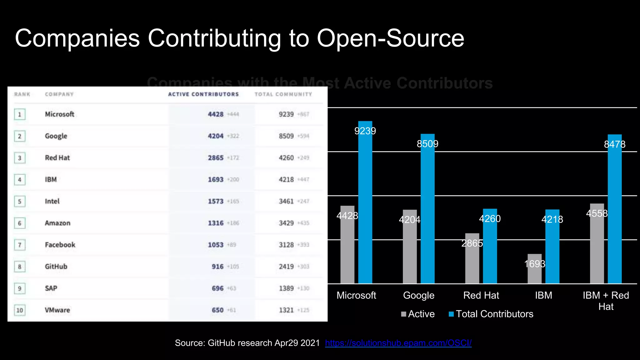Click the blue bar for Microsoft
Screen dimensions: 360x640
[x=365, y=203]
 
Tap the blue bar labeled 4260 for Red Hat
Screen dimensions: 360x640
[x=490, y=247]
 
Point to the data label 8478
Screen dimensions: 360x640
[x=614, y=144]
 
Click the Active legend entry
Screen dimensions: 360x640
[x=418, y=314]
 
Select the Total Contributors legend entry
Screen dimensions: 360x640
[x=491, y=314]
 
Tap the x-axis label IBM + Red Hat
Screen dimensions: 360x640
[x=606, y=301]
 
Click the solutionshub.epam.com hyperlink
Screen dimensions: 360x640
[x=398, y=343]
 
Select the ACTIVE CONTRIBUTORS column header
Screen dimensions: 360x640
[x=203, y=94]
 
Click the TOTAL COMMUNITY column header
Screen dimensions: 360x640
[x=283, y=94]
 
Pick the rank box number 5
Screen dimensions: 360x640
[x=20, y=202]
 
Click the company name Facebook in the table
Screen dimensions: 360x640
[x=60, y=245]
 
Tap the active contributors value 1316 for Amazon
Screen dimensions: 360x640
[x=216, y=223]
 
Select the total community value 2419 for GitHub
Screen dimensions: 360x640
[x=286, y=267]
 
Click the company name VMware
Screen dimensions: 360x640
[x=57, y=310]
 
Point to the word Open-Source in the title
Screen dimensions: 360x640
[x=390, y=38]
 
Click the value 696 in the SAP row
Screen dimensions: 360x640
[x=217, y=288]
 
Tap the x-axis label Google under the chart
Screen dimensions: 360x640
[x=418, y=295]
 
